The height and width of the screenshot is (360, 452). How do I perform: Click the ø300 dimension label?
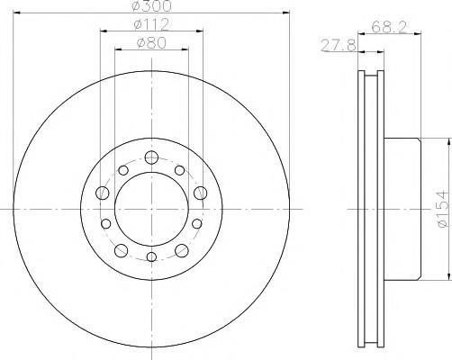click(x=152, y=6)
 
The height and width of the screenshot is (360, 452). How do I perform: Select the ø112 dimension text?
click(x=151, y=24)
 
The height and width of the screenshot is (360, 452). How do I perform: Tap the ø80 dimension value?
click(x=151, y=43)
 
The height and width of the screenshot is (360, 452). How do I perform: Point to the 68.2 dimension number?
click(x=389, y=28)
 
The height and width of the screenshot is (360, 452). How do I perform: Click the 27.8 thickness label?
click(x=339, y=46)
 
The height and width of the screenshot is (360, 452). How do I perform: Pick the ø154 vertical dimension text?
click(x=445, y=209)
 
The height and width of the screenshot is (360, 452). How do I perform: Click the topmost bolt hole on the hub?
click(x=151, y=157)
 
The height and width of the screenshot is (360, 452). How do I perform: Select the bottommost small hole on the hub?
click(x=152, y=256)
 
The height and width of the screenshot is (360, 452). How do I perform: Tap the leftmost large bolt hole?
click(x=103, y=193)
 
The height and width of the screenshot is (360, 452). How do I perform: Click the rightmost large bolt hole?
click(x=200, y=193)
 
